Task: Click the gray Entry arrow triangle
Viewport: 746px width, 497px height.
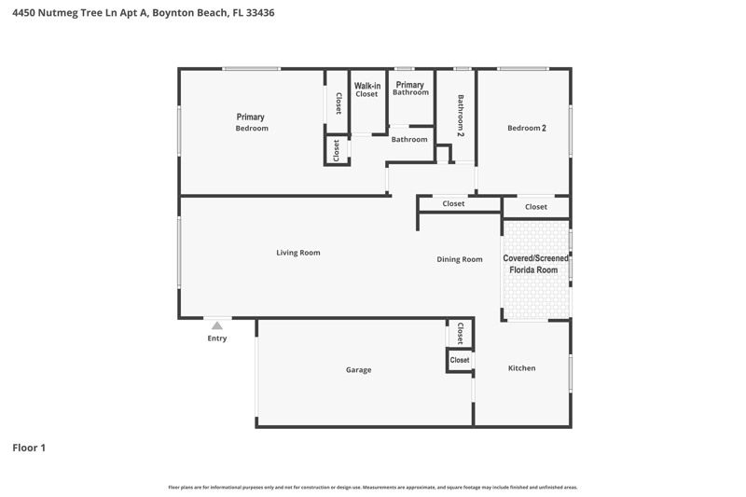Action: point(217,325)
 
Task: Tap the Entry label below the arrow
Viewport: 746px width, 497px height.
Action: point(217,338)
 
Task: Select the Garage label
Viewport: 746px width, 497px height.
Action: point(358,370)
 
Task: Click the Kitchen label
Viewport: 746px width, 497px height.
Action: point(521,368)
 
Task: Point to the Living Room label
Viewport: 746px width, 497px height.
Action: point(298,253)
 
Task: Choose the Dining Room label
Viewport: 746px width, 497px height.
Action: point(460,259)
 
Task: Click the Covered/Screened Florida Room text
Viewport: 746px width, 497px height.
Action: point(534,264)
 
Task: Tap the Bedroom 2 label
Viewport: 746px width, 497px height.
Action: point(526,128)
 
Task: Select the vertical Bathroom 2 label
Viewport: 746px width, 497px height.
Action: point(461,116)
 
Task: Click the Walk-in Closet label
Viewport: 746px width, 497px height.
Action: point(366,90)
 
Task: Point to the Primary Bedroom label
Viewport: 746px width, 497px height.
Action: point(251,122)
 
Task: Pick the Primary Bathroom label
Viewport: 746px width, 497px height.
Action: point(410,89)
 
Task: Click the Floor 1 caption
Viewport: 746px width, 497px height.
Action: point(29,448)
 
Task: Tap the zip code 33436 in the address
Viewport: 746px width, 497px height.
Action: point(260,13)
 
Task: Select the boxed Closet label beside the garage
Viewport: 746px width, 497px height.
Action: point(460,360)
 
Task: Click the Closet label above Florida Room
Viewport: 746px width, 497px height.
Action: point(535,207)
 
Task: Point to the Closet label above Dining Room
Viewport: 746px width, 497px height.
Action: point(453,203)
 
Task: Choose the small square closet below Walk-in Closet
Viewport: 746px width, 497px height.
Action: point(337,150)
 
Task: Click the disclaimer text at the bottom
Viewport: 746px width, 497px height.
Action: point(372,487)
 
